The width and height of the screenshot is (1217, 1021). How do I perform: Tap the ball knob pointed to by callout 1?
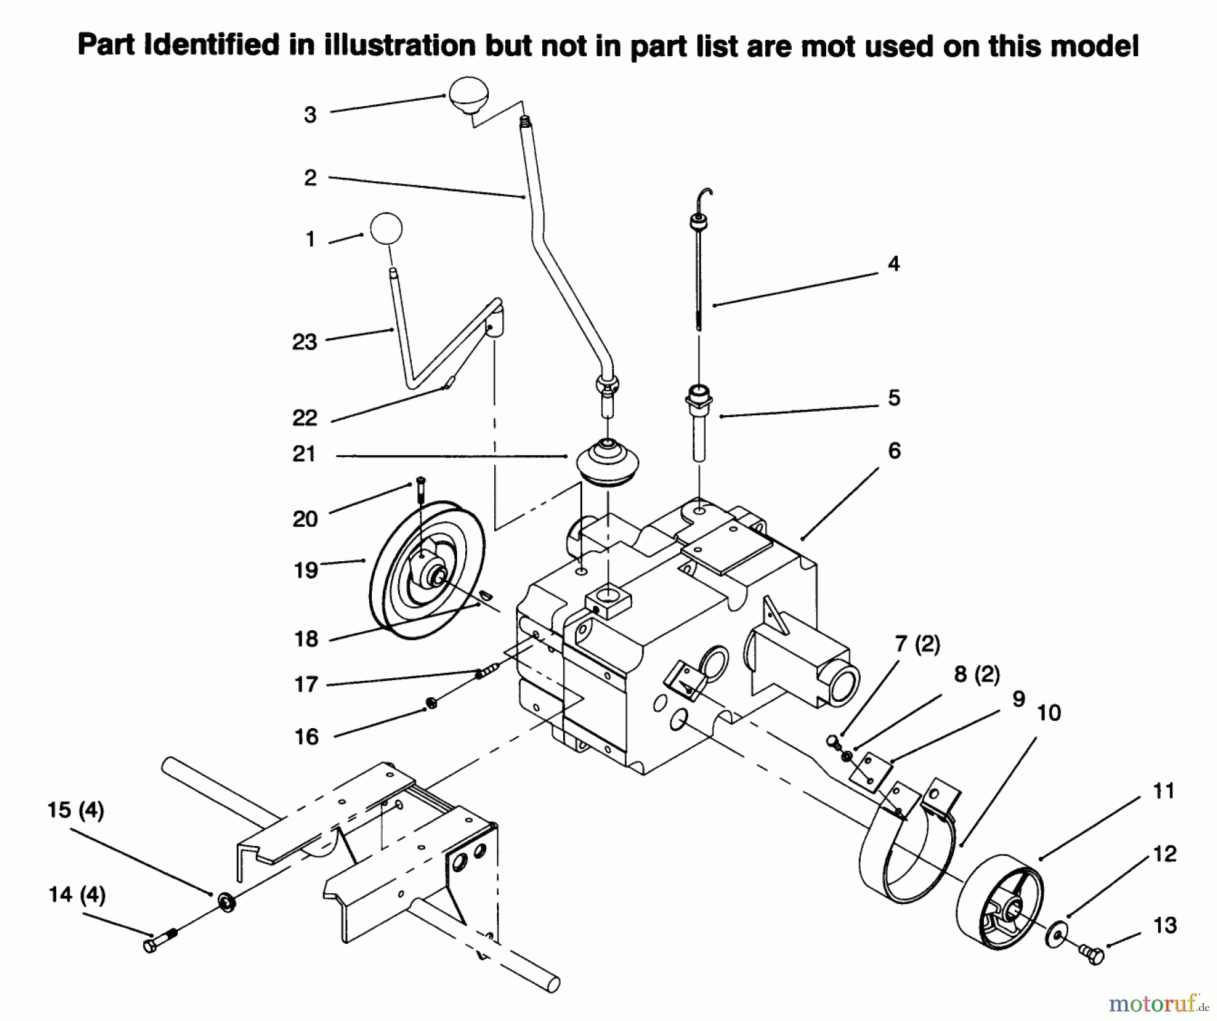pyautogui.click(x=386, y=228)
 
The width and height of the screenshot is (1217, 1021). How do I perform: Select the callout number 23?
pyautogui.click(x=304, y=342)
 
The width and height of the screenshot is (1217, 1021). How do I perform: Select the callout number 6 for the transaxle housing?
pyautogui.click(x=894, y=451)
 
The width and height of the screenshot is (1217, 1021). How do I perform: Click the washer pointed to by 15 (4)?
pyautogui.click(x=227, y=902)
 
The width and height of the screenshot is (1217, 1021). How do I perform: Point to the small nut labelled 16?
pyautogui.click(x=432, y=703)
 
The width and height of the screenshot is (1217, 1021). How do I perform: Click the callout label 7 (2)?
pyautogui.click(x=917, y=644)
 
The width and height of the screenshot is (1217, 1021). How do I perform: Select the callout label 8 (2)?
pyautogui.click(x=976, y=674)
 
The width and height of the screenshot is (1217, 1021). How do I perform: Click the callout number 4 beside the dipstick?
pyautogui.click(x=894, y=264)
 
